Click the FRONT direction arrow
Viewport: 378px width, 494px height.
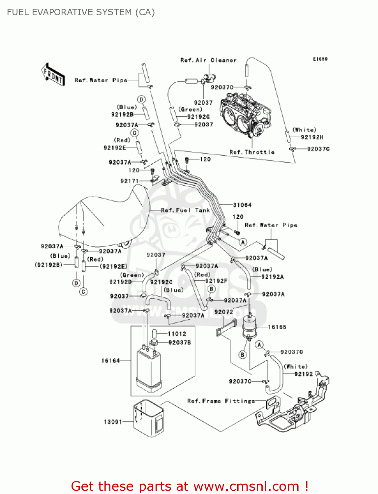click(53, 74)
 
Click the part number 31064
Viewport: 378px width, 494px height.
click(242, 205)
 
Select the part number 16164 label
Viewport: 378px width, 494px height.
click(110, 361)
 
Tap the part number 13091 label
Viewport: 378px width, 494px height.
click(113, 422)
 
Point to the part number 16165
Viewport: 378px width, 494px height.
click(277, 327)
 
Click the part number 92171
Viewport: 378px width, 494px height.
click(130, 181)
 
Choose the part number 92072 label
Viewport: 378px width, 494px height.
click(223, 312)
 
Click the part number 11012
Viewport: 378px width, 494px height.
click(177, 334)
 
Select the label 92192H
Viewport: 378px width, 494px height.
click(312, 137)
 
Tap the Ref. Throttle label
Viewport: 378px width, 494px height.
click(252, 152)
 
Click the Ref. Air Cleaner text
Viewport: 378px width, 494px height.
click(208, 60)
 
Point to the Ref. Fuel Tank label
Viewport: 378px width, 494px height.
click(185, 210)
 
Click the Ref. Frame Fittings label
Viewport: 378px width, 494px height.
click(221, 401)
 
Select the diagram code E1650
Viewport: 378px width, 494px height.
click(320, 59)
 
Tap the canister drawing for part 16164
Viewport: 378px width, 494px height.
click(149, 370)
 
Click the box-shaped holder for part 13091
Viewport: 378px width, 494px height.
click(149, 419)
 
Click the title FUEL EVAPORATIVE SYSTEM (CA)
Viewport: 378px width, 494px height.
click(81, 12)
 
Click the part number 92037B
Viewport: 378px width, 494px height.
click(180, 343)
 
